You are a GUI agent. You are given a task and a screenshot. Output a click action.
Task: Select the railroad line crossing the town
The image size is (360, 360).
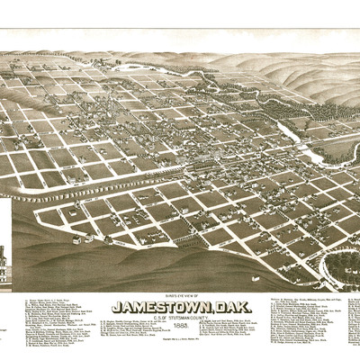point(135,180)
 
